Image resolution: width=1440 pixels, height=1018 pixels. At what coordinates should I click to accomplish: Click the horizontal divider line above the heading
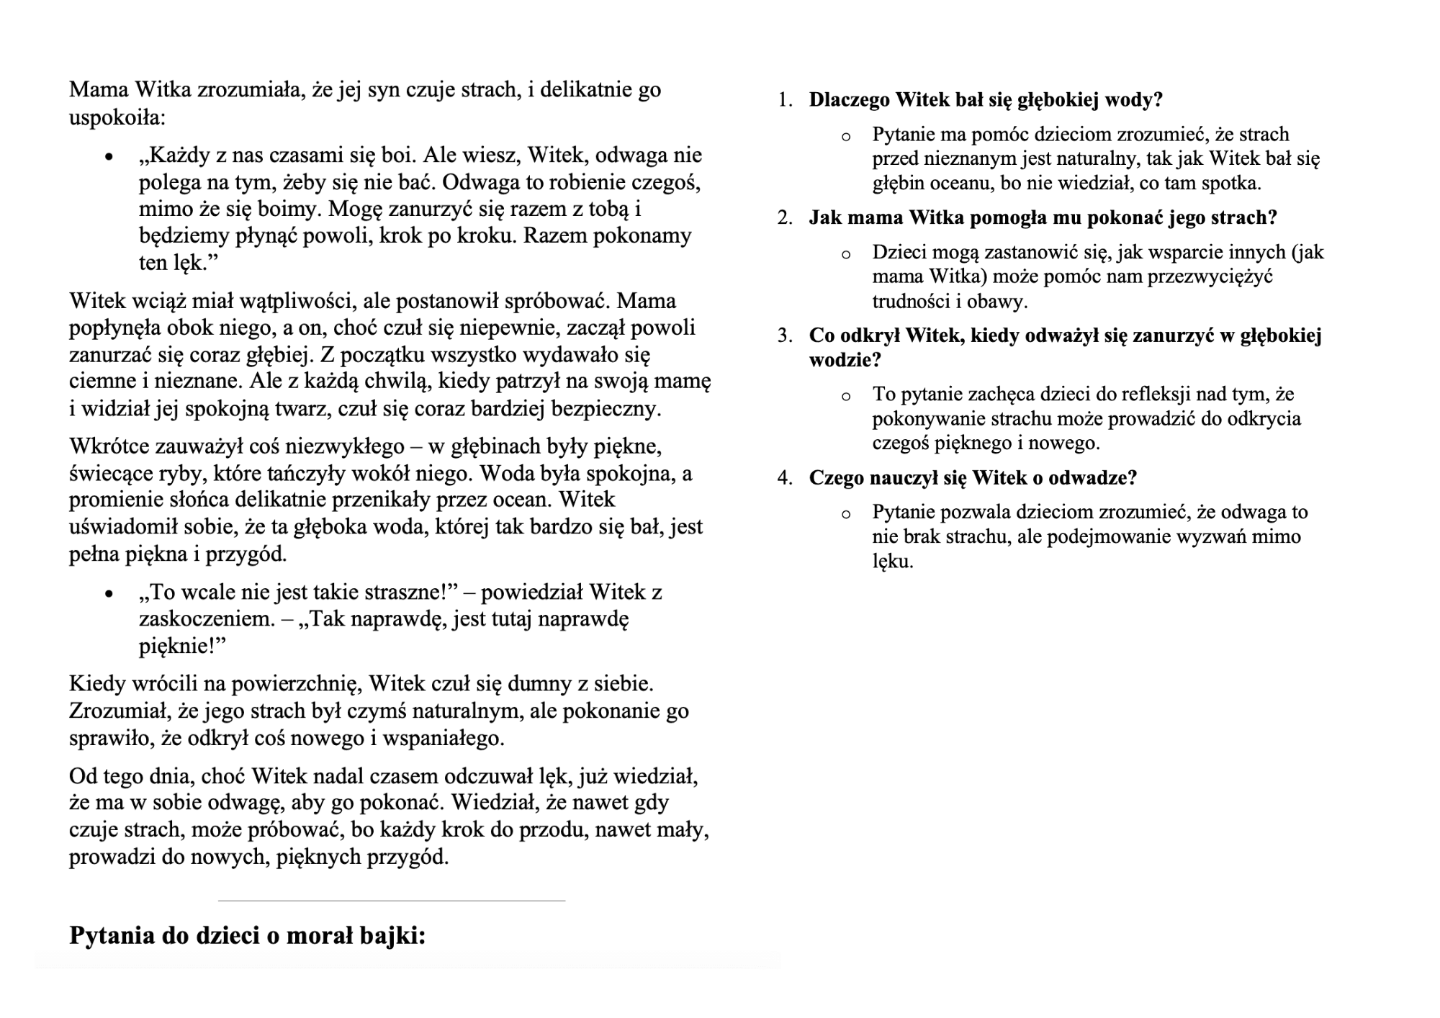392,901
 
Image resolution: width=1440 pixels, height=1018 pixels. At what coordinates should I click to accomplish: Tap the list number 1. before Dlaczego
785,100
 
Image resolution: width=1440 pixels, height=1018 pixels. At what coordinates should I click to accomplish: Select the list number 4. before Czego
785,478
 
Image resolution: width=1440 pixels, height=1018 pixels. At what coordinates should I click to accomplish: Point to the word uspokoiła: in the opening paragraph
117,117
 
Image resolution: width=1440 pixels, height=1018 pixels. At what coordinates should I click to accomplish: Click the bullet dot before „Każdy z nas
109,157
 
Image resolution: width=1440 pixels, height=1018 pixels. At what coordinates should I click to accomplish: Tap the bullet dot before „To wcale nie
109,594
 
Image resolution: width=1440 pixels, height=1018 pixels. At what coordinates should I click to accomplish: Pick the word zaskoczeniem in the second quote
207,619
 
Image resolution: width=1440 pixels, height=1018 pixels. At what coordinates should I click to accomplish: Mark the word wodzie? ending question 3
845,360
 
